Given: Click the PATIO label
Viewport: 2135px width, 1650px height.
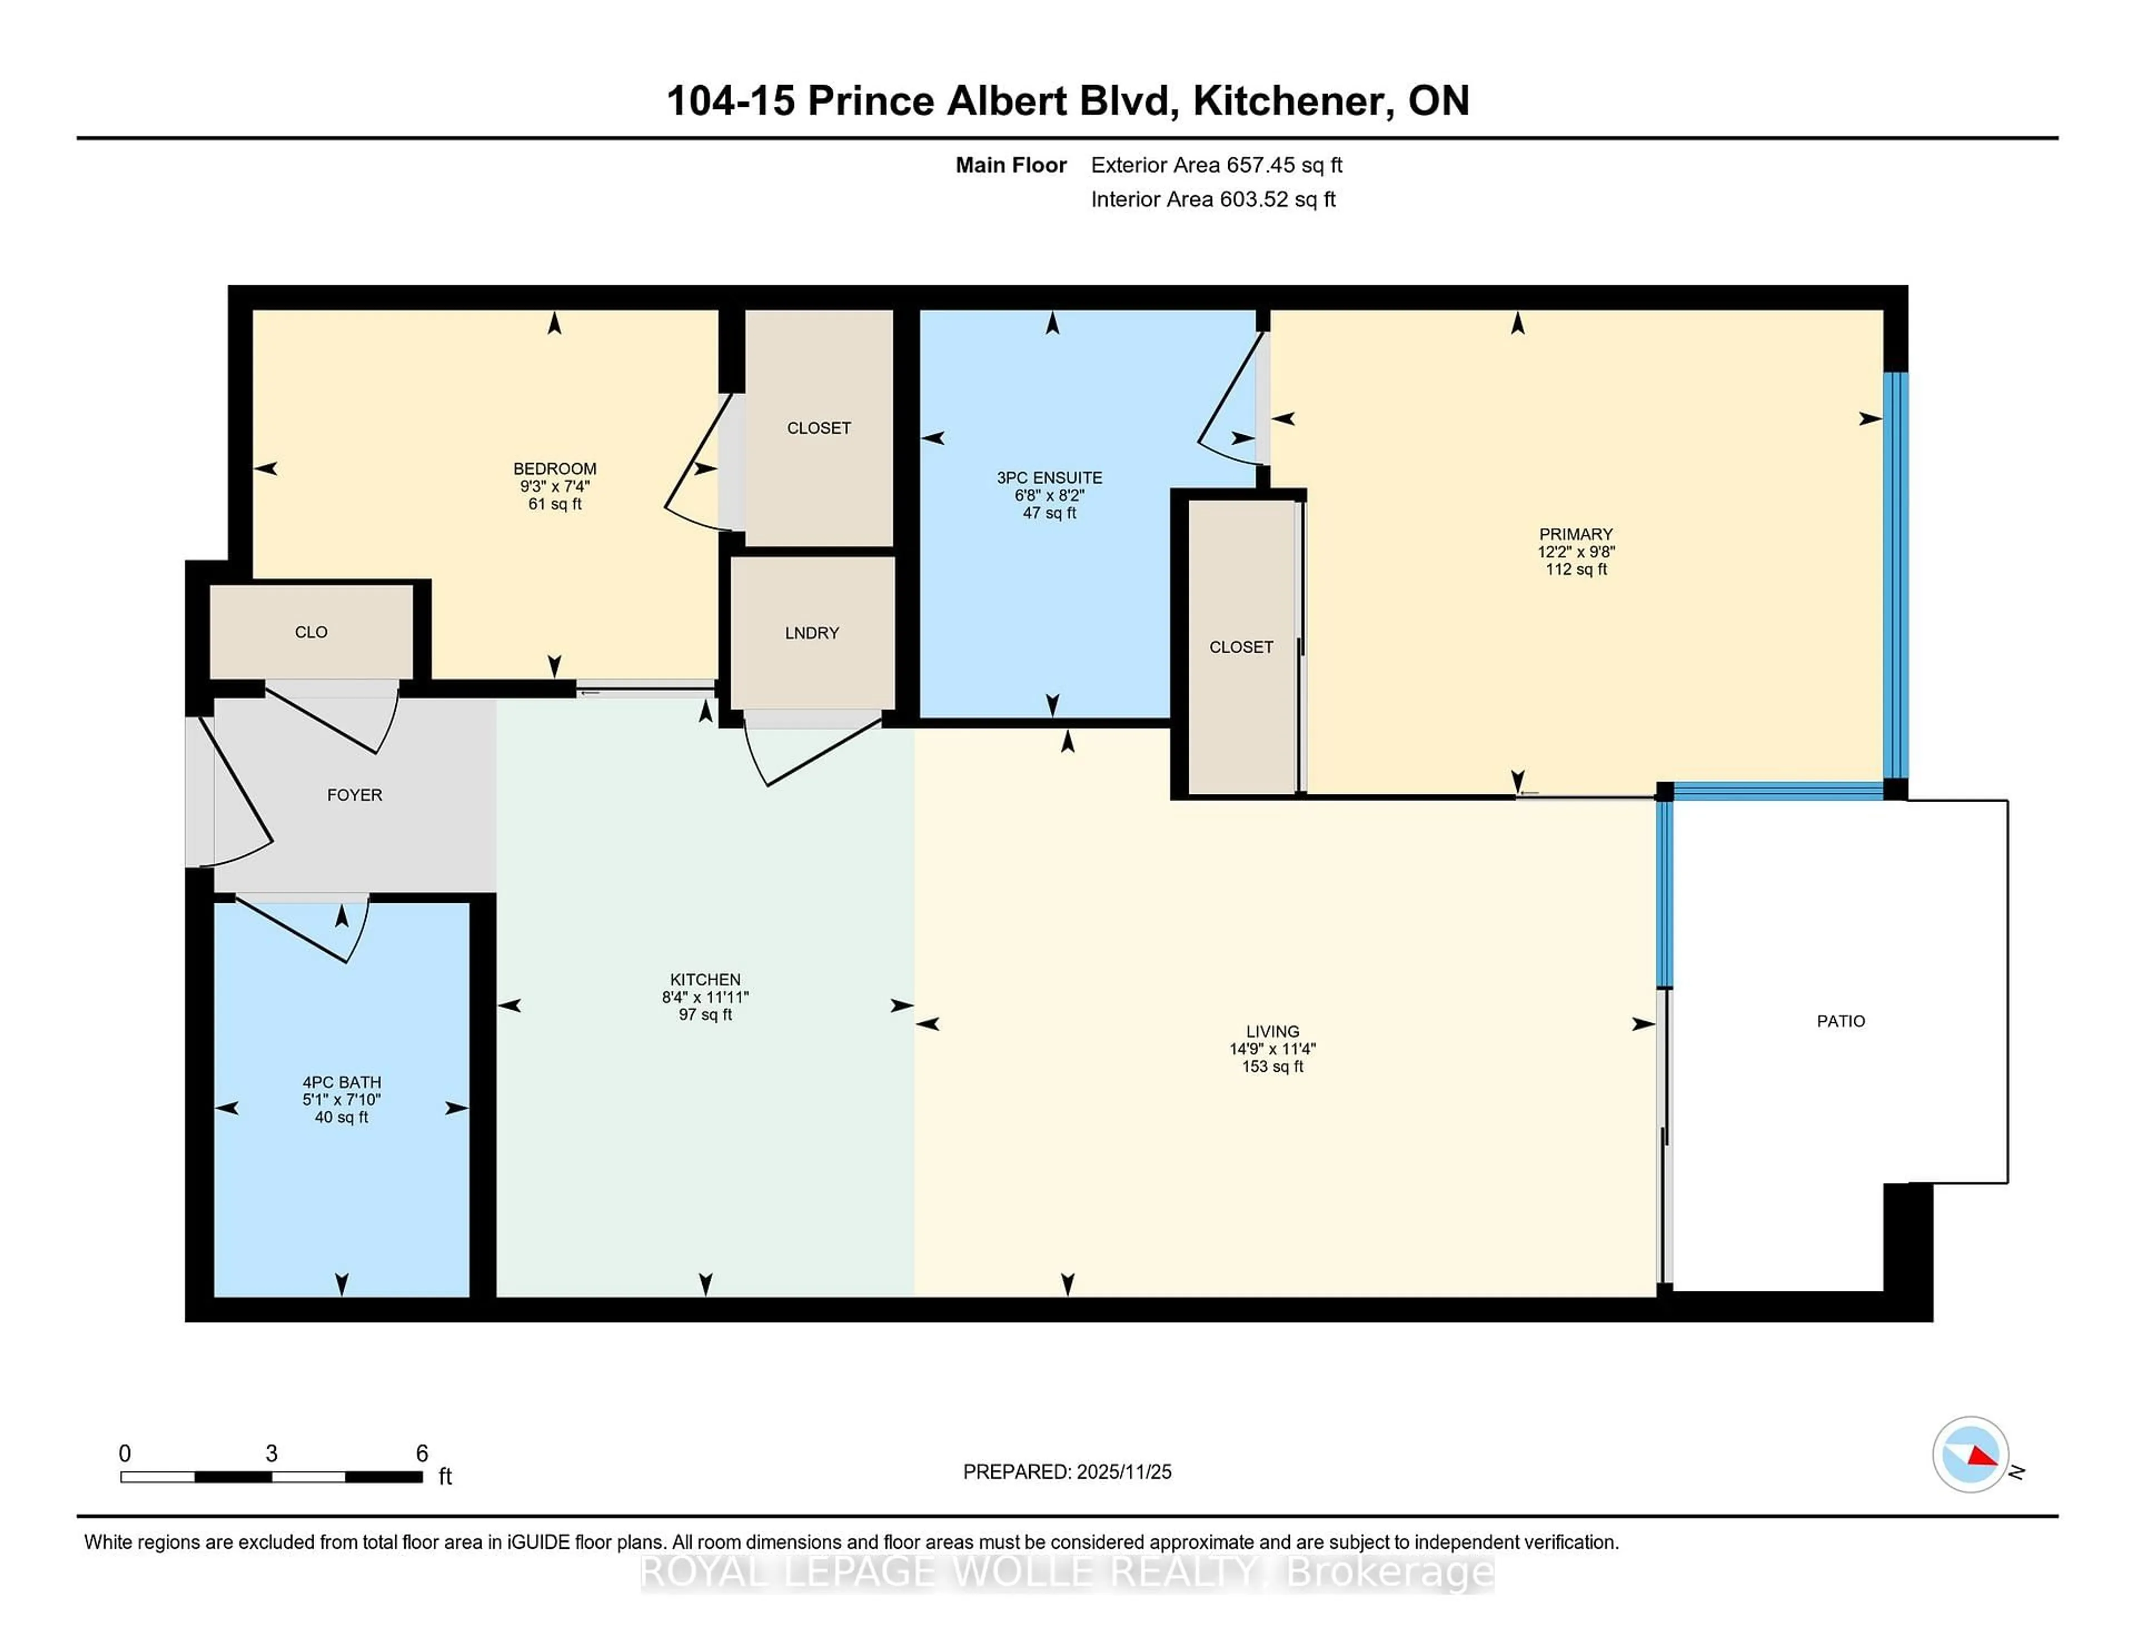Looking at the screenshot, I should [1840, 1021].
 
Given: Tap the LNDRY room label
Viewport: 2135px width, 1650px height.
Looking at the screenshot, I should [811, 633].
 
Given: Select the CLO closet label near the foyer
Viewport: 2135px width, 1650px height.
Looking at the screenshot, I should [311, 633].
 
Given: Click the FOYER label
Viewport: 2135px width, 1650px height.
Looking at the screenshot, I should [354, 794].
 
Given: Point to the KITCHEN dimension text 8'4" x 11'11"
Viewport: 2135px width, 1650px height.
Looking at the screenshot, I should [705, 997].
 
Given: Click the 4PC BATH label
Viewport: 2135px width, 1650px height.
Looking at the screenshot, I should [341, 1082].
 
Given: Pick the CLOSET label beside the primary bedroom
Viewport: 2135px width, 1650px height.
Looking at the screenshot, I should [1240, 647].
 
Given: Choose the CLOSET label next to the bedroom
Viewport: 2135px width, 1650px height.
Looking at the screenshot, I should [818, 428].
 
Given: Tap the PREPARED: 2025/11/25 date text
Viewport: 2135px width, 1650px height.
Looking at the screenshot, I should [1066, 1472].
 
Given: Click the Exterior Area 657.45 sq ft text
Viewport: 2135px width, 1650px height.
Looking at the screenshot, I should [1216, 165].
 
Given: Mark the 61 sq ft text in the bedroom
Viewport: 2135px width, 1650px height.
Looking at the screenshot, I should [554, 504].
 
